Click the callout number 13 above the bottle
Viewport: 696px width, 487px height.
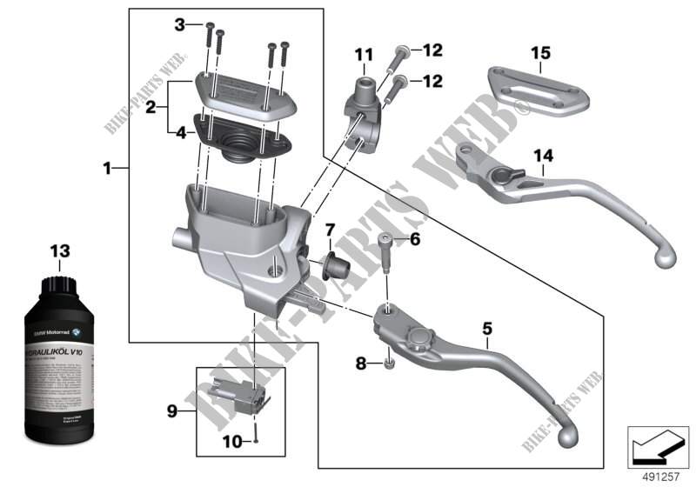pyautogui.click(x=58, y=250)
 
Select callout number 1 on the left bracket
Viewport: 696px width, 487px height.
pyautogui.click(x=107, y=169)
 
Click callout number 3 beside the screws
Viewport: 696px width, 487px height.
pyautogui.click(x=180, y=25)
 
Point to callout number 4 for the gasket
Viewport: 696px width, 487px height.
pyautogui.click(x=180, y=133)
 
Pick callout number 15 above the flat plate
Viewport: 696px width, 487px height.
pyautogui.click(x=541, y=54)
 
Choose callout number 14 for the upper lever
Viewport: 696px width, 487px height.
pyautogui.click(x=543, y=157)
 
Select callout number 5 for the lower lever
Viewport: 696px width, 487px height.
pyautogui.click(x=486, y=329)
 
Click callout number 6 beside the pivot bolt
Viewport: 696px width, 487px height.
pyautogui.click(x=414, y=238)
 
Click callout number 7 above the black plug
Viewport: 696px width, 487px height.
pyautogui.click(x=330, y=230)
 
